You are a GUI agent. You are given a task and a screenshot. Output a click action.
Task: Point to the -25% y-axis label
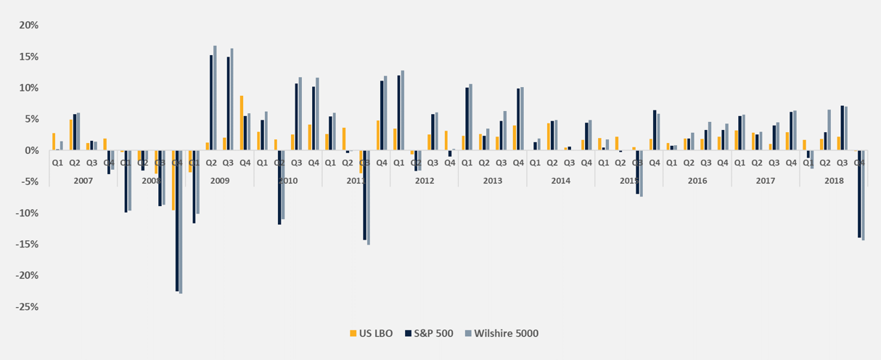pos(26,307)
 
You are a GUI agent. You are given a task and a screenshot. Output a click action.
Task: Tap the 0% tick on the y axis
pos(30,150)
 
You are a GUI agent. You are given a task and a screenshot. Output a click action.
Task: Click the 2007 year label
pos(83,180)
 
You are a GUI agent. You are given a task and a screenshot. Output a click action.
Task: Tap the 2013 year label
pos(492,180)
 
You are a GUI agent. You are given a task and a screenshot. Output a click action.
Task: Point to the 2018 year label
pos(833,180)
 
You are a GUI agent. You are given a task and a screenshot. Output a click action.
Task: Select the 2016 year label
pos(697,180)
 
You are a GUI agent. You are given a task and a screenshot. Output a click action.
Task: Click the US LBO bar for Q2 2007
pos(71,135)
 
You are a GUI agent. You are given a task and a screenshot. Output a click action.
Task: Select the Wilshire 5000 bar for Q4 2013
pos(522,118)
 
